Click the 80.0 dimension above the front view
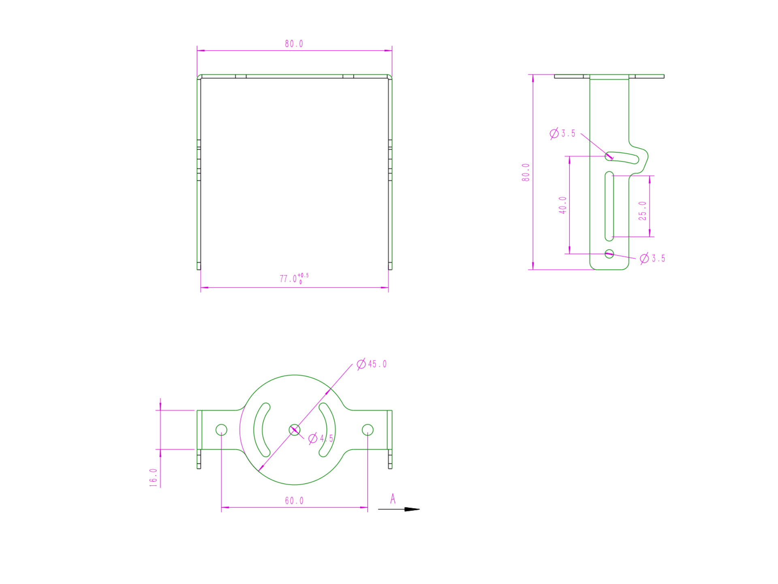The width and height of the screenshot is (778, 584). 294,44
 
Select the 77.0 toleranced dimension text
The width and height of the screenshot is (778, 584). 293,279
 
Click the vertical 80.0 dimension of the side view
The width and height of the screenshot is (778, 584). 526,172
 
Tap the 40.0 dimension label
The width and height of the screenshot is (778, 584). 562,205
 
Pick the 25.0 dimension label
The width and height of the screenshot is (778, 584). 642,211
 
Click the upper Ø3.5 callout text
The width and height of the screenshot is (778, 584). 563,133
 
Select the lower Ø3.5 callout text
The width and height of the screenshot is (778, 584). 653,258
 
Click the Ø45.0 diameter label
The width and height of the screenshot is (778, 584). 372,364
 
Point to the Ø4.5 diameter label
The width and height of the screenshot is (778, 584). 321,438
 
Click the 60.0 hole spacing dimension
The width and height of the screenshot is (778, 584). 294,501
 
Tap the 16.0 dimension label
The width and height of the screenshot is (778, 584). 153,477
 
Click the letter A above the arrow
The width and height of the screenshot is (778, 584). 393,499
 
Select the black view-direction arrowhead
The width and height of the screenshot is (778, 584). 412,509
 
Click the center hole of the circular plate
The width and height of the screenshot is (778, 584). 295,430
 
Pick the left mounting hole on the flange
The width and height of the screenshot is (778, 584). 221,430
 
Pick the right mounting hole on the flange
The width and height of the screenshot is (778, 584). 368,430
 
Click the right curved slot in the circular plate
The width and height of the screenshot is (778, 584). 331,430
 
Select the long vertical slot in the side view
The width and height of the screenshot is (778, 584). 609,206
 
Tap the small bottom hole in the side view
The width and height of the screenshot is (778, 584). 609,254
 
